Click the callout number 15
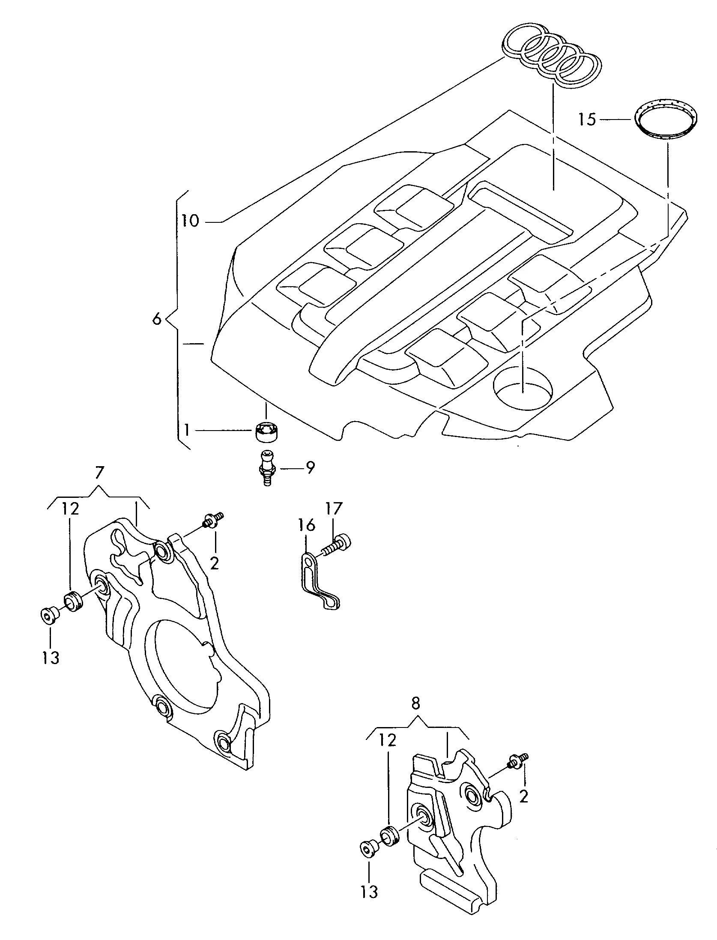[587, 120]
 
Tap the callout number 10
[190, 221]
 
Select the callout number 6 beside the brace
[157, 319]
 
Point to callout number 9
[310, 467]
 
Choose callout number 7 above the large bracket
[99, 473]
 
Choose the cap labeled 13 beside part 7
[48, 615]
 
